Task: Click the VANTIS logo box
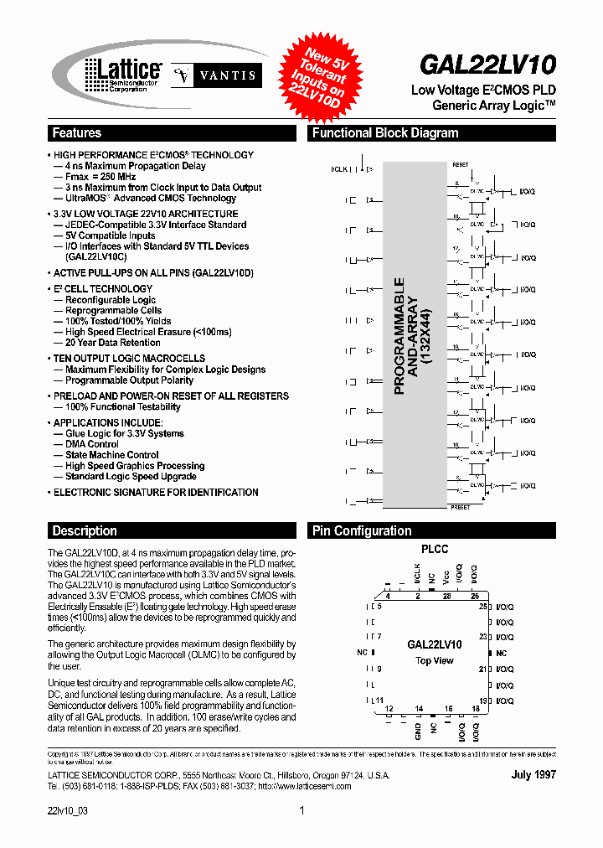click(217, 75)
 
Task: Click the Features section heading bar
click(172, 133)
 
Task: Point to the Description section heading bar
click(172, 530)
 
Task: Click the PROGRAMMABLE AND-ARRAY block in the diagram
click(410, 335)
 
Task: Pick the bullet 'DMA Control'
click(92, 444)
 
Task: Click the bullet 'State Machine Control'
click(112, 455)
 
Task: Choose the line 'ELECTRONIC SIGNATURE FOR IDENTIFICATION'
click(156, 493)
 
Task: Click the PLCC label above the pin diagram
click(435, 550)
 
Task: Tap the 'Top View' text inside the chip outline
click(435, 660)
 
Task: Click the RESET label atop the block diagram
click(461, 165)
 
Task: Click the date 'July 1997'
click(533, 775)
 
